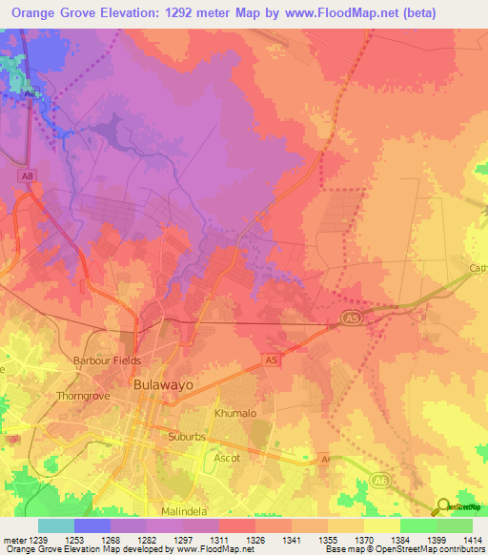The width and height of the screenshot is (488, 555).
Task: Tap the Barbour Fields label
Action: pyautogui.click(x=107, y=360)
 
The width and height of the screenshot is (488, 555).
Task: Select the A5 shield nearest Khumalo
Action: pyautogui.click(x=272, y=360)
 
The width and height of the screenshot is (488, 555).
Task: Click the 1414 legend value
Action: pyautogui.click(x=471, y=540)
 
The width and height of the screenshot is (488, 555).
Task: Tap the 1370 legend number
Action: pyautogui.click(x=362, y=540)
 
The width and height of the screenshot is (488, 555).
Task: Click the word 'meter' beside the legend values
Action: pyautogui.click(x=11, y=540)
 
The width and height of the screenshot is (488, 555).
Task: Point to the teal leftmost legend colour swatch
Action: pyautogui.click(x=56, y=525)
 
